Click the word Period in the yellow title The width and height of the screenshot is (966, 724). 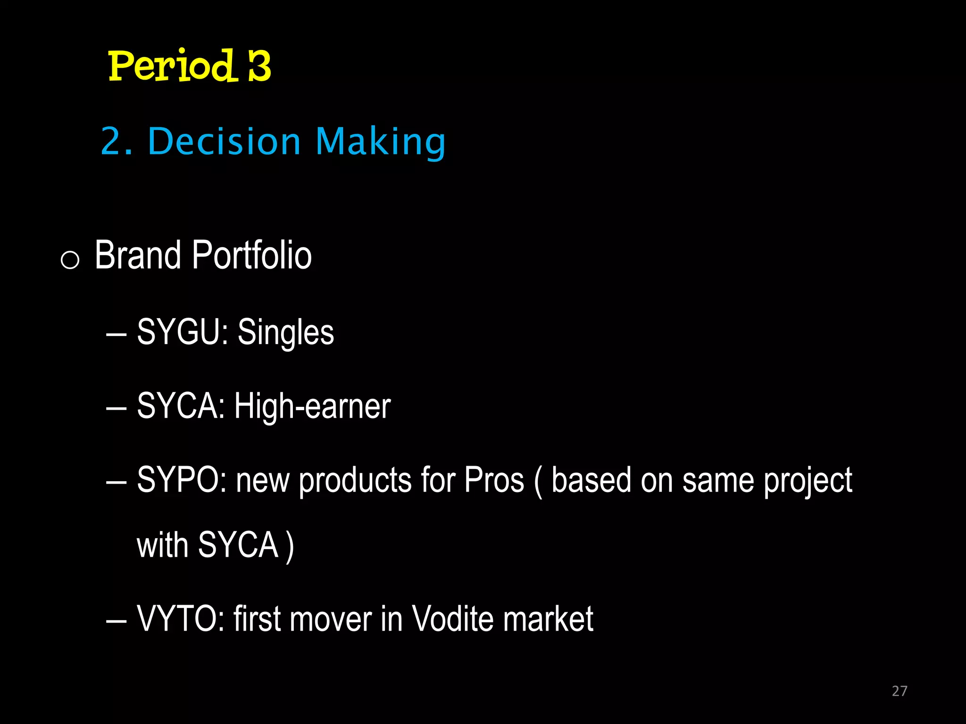tap(171, 66)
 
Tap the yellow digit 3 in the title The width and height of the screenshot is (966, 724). tap(259, 66)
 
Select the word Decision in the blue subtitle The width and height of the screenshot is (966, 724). tap(224, 141)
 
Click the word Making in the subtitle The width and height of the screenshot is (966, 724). tap(380, 141)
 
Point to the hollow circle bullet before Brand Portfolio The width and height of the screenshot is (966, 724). tap(70, 260)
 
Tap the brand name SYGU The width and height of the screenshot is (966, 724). tap(179, 332)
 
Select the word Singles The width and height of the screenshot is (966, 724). tap(286, 332)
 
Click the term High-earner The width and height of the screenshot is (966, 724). tap(312, 406)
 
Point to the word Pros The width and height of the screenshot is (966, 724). tap(494, 480)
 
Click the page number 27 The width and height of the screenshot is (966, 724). tap(899, 691)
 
